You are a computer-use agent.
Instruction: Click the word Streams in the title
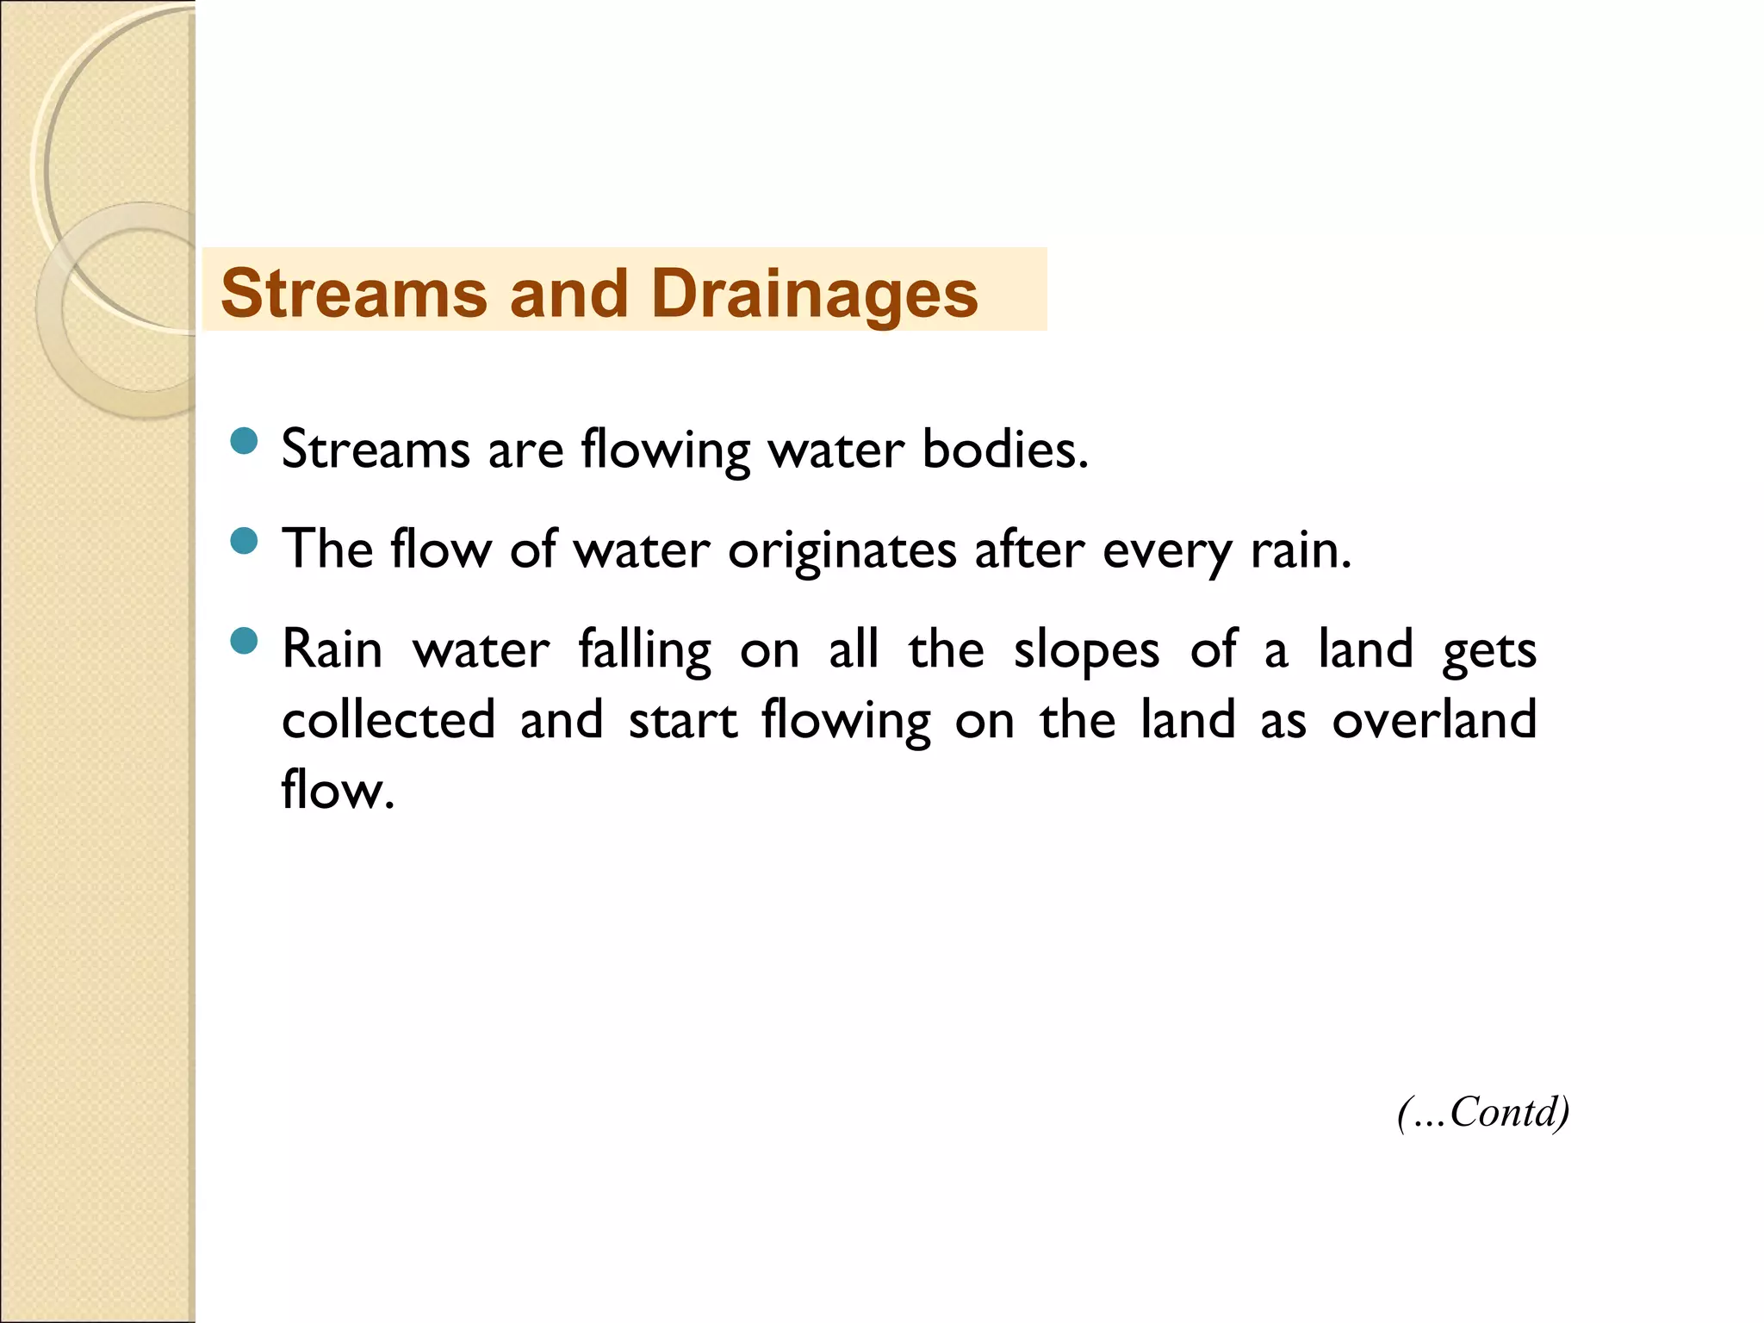point(354,295)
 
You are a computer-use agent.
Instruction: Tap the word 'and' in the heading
point(568,295)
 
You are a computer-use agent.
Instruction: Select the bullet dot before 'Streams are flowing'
point(245,442)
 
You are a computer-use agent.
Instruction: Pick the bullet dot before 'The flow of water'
point(245,542)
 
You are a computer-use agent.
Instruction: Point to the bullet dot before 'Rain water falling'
point(245,642)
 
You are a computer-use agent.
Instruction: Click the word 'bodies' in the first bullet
point(1004,450)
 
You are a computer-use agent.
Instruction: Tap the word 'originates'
point(842,550)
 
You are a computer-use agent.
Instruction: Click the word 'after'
point(1028,550)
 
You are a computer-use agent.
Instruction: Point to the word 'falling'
point(644,650)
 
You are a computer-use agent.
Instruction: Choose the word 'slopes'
point(1086,650)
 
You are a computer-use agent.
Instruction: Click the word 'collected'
point(388,720)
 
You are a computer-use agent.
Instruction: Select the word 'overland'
point(1434,720)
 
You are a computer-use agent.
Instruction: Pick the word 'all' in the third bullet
point(854,650)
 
